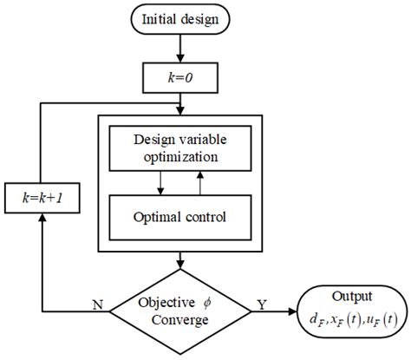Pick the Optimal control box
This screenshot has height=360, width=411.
(x=180, y=217)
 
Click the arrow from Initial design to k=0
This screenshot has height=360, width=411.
(x=180, y=54)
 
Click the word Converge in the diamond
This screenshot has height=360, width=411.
(x=179, y=319)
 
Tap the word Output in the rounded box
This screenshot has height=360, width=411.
(x=349, y=294)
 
